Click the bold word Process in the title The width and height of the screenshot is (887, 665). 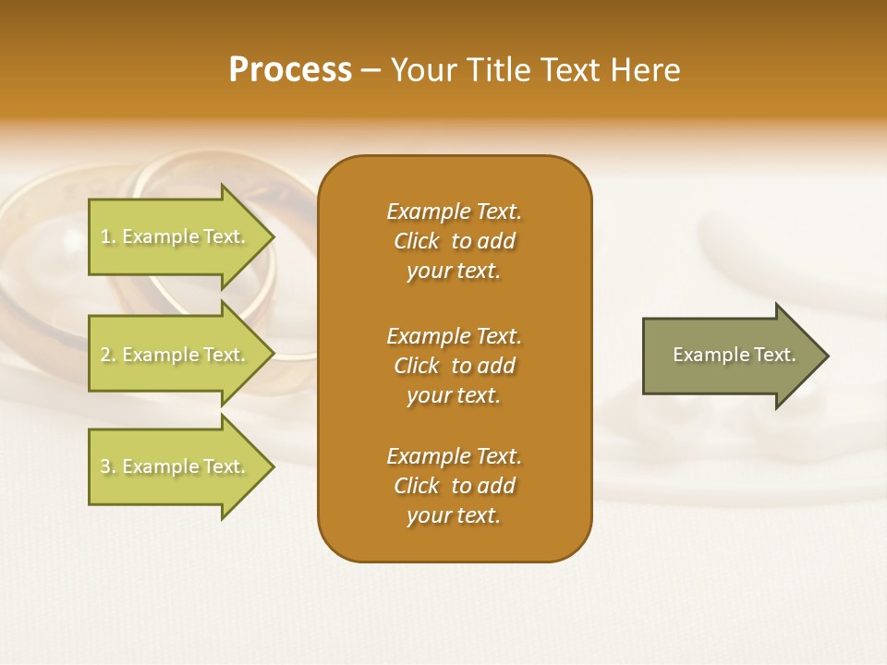[x=290, y=70]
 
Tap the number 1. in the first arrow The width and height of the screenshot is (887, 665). [x=108, y=236]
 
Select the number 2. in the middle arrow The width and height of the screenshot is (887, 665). [x=108, y=355]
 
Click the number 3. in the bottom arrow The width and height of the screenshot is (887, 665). [x=108, y=466]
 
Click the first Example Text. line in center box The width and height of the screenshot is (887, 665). [x=454, y=212]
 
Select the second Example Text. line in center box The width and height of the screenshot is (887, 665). [x=454, y=336]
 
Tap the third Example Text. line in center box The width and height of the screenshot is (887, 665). [x=454, y=456]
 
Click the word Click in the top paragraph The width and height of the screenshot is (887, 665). [x=417, y=241]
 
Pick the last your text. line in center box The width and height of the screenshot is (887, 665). [x=454, y=515]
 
